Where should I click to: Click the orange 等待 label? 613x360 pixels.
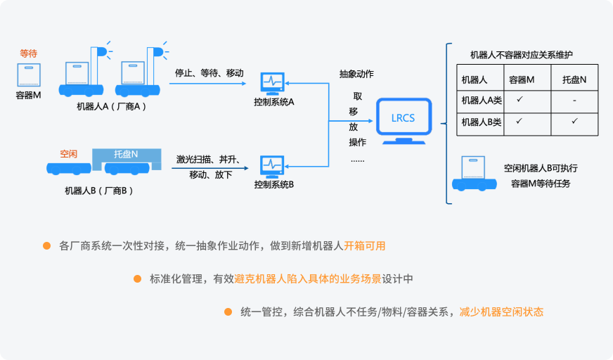click(29, 53)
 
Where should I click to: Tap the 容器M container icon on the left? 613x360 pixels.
click(28, 75)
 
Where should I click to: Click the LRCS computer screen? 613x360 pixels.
click(403, 117)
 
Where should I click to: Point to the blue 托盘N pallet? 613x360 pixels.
click(127, 154)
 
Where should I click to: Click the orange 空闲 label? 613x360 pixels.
click(69, 153)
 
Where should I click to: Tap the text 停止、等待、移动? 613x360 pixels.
click(209, 73)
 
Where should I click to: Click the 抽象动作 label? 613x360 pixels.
click(356, 74)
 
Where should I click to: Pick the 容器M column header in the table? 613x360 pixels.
click(521, 80)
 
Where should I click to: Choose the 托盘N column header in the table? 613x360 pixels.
click(574, 80)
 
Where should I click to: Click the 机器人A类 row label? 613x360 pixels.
click(481, 101)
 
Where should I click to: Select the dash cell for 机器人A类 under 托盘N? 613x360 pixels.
click(574, 101)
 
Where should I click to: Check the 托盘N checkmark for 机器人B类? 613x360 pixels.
click(574, 122)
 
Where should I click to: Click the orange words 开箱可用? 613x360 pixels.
click(364, 246)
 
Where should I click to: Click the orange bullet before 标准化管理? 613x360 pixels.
click(136, 279)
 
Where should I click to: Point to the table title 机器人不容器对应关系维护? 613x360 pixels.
click(521, 55)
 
